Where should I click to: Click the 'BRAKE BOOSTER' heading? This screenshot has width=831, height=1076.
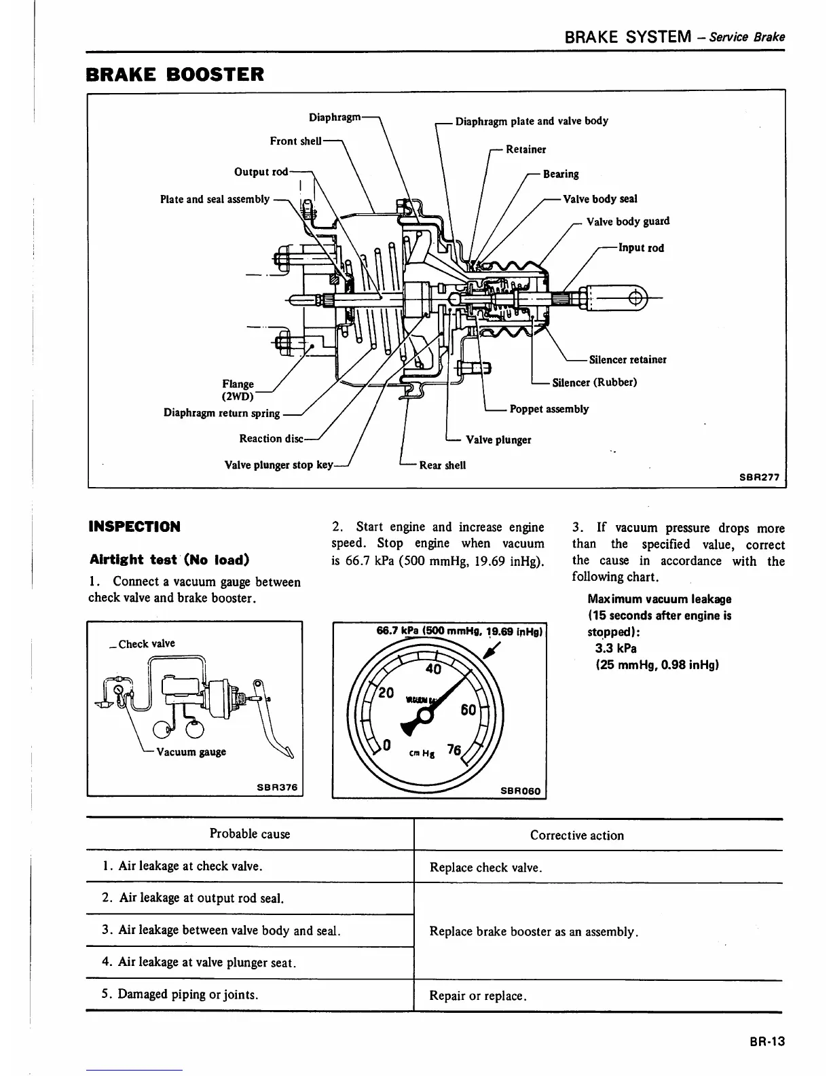[x=175, y=74]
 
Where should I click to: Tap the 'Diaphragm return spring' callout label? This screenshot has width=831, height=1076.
[x=221, y=413]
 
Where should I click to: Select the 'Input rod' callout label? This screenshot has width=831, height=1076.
[x=641, y=248]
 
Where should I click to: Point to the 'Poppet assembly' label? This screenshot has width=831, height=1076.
[x=549, y=409]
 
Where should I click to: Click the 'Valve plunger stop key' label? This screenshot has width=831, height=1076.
[x=278, y=465]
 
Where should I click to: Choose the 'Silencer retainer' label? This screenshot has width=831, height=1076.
[x=627, y=360]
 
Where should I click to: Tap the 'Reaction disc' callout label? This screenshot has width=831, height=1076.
[x=271, y=439]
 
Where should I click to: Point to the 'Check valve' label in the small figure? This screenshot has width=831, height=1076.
[x=146, y=644]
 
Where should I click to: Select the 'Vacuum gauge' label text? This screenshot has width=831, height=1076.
[x=191, y=752]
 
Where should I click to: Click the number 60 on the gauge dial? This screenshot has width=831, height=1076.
[x=468, y=710]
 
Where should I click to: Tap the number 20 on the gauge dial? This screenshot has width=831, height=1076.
[x=386, y=694]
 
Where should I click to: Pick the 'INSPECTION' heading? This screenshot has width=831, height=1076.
[x=134, y=526]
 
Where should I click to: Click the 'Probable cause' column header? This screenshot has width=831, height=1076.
[x=249, y=834]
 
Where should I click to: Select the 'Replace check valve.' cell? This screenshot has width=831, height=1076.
[x=485, y=867]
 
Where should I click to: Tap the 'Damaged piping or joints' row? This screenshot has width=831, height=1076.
[x=180, y=994]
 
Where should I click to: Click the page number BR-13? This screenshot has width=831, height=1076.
[x=767, y=1041]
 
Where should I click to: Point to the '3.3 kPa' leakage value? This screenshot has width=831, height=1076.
[x=616, y=648]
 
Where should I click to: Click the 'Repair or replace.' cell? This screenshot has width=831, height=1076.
[x=478, y=996]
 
